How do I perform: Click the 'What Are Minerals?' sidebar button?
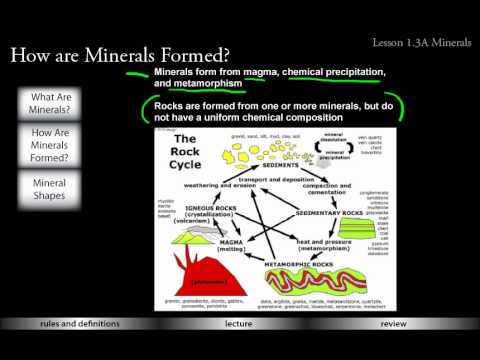[57, 104]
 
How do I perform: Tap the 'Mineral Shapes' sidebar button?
[57, 189]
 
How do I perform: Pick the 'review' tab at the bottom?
[394, 352]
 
